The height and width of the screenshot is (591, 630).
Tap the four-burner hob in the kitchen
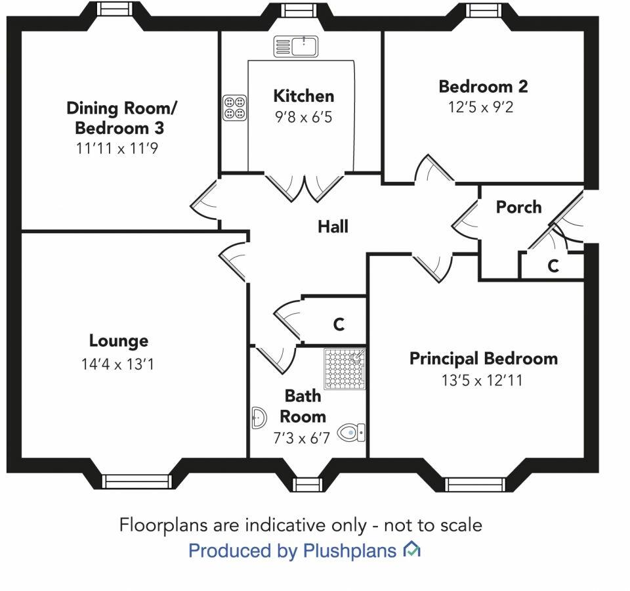[235, 108]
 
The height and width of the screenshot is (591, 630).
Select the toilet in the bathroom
[352, 433]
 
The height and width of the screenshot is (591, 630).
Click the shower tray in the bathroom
[345, 369]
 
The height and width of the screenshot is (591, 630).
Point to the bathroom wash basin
[259, 417]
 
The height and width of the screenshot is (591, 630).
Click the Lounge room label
[119, 341]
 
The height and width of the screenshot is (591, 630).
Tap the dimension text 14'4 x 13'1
[119, 363]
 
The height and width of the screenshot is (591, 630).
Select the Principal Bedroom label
[483, 359]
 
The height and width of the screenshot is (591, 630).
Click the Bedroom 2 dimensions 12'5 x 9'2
[480, 107]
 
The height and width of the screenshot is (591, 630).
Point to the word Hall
[333, 227]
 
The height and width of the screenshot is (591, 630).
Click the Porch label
[518, 208]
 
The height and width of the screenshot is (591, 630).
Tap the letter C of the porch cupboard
[553, 266]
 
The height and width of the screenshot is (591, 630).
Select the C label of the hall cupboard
[339, 324]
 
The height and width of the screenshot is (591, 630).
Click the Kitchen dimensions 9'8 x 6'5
[303, 119]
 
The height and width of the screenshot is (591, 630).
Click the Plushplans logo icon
[412, 549]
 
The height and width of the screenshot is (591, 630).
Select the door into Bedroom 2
[430, 172]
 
